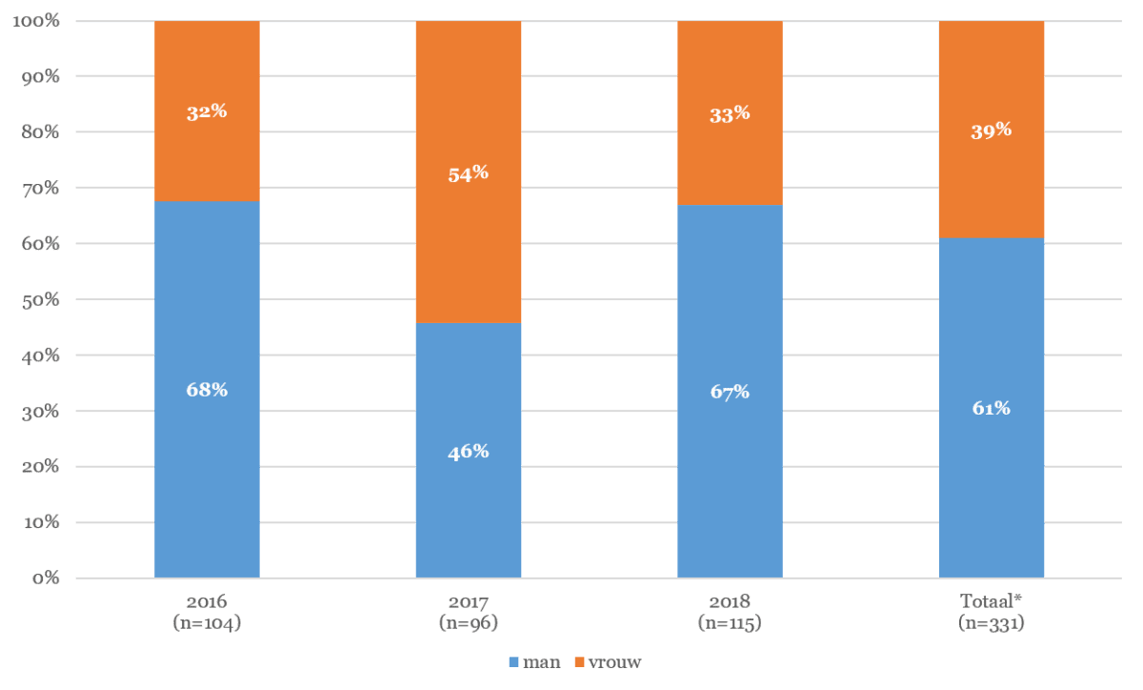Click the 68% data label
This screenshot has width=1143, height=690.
207,390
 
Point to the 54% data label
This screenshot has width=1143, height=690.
468,173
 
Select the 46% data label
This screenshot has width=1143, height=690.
468,452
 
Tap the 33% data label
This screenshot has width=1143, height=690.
730,114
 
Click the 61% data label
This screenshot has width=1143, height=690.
992,408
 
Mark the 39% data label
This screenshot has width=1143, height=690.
992,131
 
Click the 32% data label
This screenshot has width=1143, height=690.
207,112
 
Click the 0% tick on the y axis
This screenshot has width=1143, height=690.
44,578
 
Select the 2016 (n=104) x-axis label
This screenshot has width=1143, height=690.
207,613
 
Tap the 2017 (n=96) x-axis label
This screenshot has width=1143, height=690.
468,613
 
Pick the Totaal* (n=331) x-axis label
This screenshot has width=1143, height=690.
992,613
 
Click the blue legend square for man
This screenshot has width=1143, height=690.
514,661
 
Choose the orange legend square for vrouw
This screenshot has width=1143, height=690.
579,661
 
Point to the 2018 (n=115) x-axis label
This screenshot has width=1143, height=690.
730,613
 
